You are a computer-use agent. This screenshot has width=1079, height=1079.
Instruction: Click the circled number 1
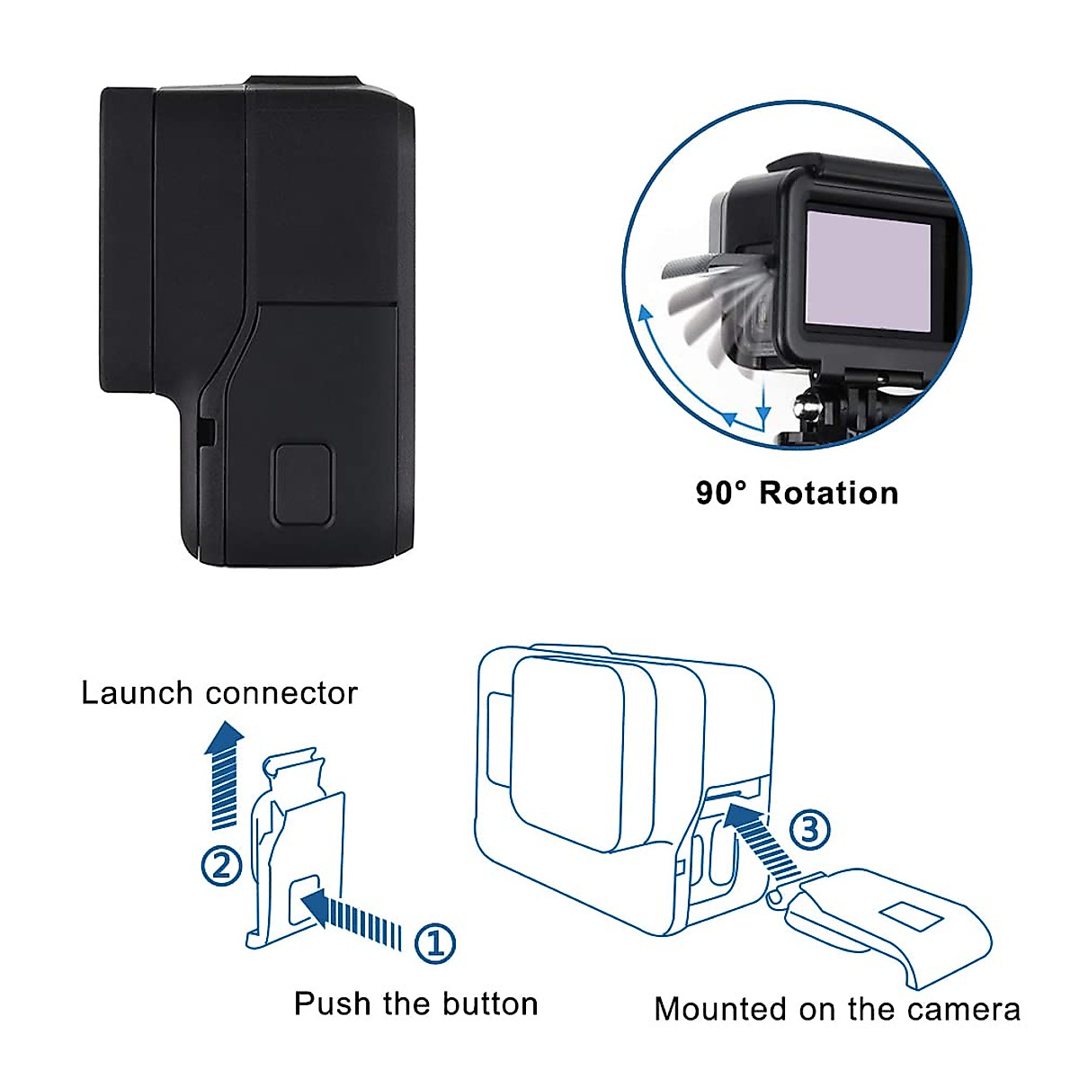click(x=435, y=942)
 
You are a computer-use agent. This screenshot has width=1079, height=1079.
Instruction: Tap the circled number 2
click(x=221, y=866)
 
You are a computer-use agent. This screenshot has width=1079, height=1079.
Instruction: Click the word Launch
click(x=138, y=693)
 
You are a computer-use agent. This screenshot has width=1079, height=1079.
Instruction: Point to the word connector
click(x=281, y=693)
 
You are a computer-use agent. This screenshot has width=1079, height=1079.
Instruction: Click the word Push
click(x=332, y=1003)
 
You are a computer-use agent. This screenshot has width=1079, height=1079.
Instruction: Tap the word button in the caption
click(x=486, y=1003)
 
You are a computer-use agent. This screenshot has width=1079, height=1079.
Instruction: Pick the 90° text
click(x=721, y=493)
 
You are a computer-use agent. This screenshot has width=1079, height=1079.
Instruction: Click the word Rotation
click(x=829, y=493)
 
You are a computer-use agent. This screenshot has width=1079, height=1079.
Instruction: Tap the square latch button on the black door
click(x=303, y=484)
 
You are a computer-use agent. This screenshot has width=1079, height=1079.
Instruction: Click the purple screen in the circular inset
click(x=869, y=270)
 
